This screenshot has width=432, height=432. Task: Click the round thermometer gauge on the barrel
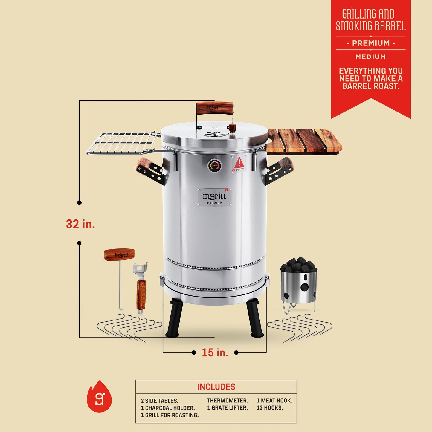coord(215,165)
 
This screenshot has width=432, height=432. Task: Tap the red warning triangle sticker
coord(239,163)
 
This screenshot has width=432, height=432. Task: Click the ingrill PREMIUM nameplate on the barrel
coord(215,197)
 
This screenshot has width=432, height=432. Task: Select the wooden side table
coord(303,140)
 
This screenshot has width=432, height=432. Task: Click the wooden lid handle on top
coord(214,108)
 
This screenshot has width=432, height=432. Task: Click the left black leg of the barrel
coord(175,318)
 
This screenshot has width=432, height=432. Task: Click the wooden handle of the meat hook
coord(119,255)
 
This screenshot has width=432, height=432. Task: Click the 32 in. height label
coord(80,224)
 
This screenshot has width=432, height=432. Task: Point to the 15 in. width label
coord(215,352)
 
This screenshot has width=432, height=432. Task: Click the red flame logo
coord(99,397)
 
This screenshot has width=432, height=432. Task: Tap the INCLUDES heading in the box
coord(216,387)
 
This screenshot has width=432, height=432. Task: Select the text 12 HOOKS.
coord(269,408)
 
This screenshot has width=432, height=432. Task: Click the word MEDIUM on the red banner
coord(371,57)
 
